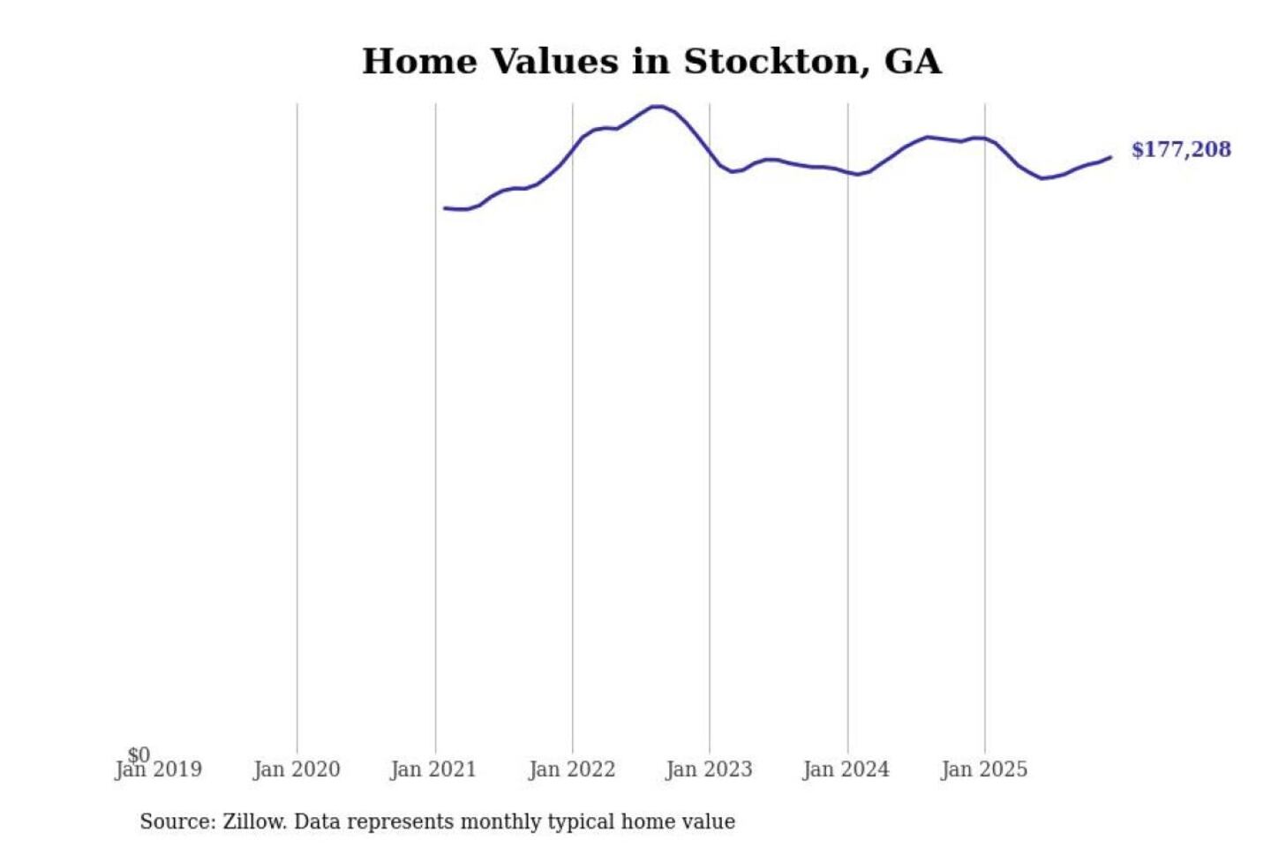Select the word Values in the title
(x=553, y=62)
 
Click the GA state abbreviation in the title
(x=913, y=62)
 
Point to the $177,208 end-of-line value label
(x=1181, y=149)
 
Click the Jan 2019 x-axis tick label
(x=159, y=770)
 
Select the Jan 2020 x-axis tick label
(x=297, y=770)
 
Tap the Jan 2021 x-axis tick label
(x=433, y=770)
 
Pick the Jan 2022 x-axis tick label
(x=572, y=770)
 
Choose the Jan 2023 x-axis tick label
(x=709, y=770)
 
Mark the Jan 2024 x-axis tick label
(x=846, y=770)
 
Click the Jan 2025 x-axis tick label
(x=984, y=770)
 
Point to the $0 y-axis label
(x=139, y=754)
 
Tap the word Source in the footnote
(x=177, y=822)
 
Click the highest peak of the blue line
(x=656, y=106)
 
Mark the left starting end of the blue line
(x=444, y=208)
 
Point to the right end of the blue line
(x=1110, y=157)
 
